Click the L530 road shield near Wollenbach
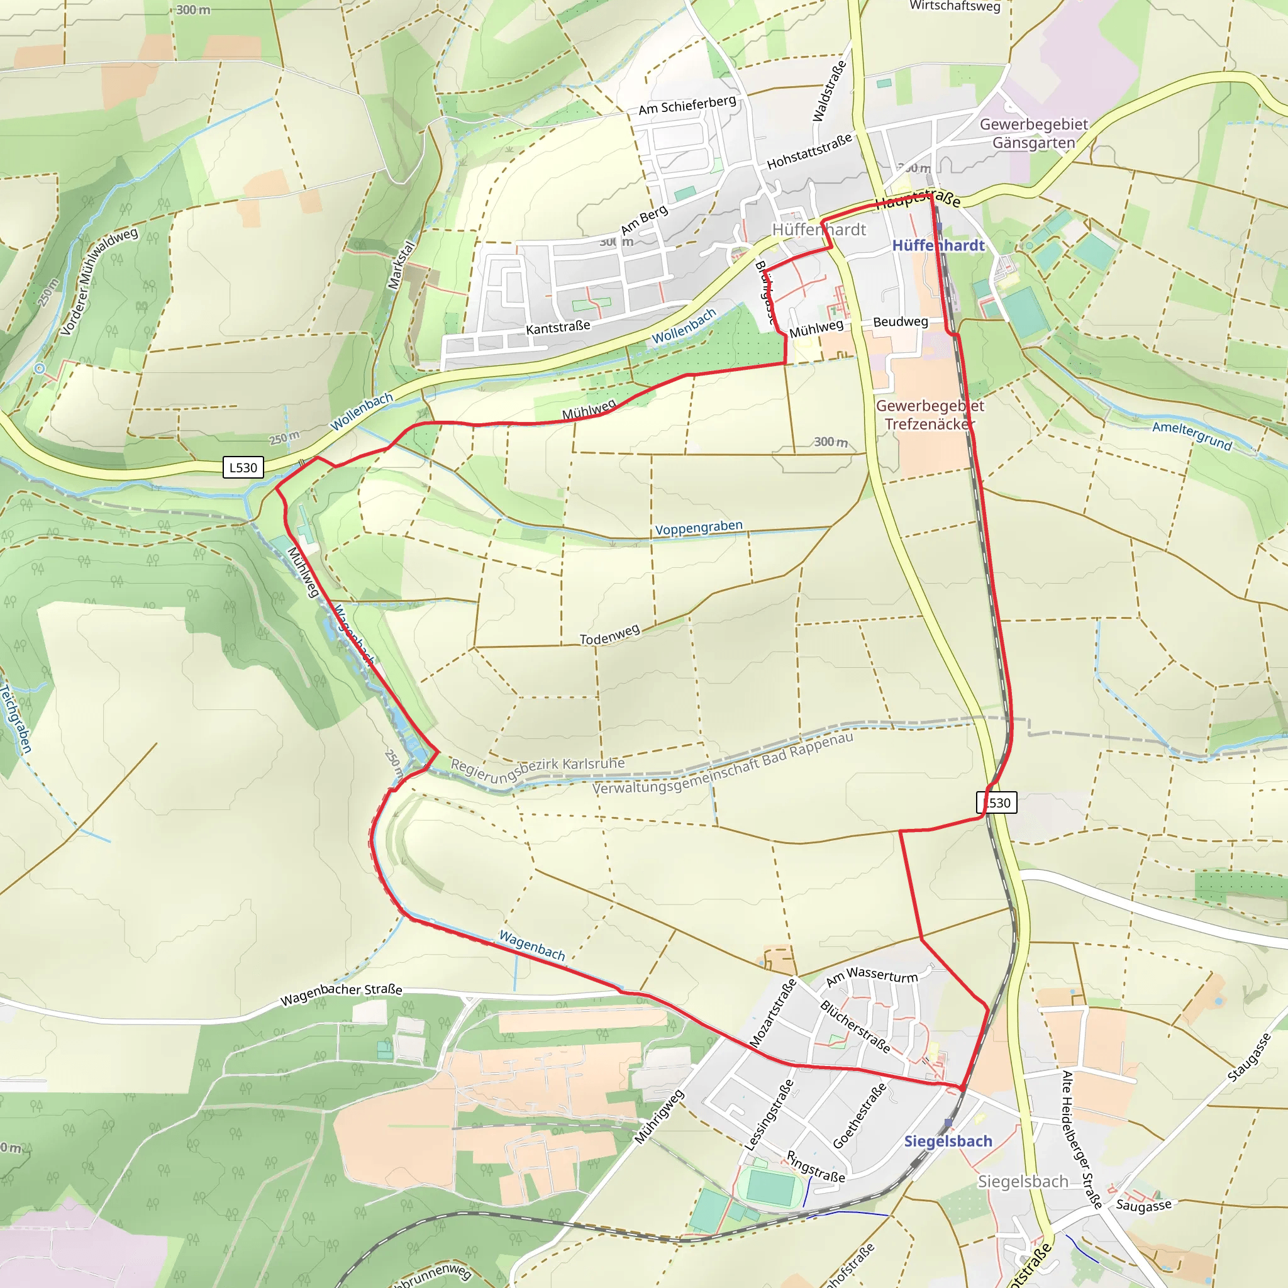coord(243,467)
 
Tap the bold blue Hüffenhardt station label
coord(938,245)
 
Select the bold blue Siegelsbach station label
coord(948,1141)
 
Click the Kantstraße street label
coord(558,327)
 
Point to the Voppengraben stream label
coord(698,528)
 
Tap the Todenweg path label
coord(609,635)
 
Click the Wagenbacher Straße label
coord(341,994)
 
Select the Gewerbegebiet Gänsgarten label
coord(1033,133)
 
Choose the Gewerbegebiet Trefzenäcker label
coord(930,414)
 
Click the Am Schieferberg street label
coord(687,104)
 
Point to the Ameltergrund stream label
coord(1192,435)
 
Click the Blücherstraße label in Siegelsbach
coord(855,1026)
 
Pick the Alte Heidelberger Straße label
coord(1080,1140)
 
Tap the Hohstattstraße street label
coord(809,152)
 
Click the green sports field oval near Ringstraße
coord(770,1187)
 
